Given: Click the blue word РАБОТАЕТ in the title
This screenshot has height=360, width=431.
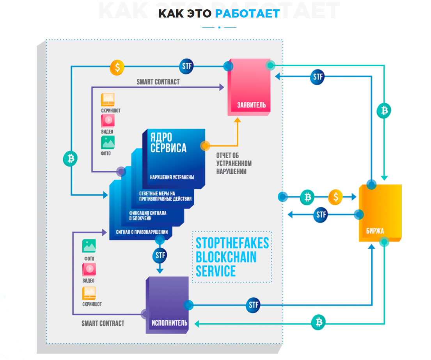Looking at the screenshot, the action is click(x=247, y=14).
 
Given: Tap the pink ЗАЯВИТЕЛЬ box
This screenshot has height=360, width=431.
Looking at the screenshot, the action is click(x=249, y=87).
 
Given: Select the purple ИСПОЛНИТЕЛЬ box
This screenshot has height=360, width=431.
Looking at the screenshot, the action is click(x=167, y=305).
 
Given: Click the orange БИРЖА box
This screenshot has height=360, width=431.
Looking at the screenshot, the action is click(x=380, y=213).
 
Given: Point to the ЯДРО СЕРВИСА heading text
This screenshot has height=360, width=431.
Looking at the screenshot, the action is click(x=168, y=143).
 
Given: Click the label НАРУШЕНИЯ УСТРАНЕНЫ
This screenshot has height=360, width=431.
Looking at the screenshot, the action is click(x=172, y=177).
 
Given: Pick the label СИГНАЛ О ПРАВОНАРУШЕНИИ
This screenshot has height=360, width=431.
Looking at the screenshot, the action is click(x=142, y=232).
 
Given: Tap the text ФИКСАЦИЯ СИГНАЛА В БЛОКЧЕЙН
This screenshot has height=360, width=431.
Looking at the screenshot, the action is click(x=147, y=215).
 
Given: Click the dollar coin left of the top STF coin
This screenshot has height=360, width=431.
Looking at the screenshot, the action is click(x=117, y=67).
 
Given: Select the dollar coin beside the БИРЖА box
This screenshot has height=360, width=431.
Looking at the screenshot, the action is click(x=335, y=197).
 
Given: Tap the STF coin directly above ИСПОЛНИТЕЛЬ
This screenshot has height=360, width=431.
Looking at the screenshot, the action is click(x=160, y=255).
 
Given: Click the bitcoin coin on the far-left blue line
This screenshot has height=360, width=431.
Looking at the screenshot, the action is click(x=70, y=159).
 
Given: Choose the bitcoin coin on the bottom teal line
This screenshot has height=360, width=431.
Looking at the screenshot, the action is click(x=318, y=322).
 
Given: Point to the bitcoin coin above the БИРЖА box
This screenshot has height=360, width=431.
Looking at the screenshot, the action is click(x=384, y=111).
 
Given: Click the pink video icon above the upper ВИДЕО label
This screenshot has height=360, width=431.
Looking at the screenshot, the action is click(x=108, y=120).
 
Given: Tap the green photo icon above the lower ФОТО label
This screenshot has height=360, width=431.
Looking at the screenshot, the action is click(x=89, y=246).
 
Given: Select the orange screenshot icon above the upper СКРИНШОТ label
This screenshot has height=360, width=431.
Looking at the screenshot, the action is click(x=108, y=99).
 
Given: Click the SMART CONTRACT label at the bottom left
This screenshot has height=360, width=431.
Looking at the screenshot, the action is click(x=103, y=323).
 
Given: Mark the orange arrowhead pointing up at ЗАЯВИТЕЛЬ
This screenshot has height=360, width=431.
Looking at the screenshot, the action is click(x=238, y=120).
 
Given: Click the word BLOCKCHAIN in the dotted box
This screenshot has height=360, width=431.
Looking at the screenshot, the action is click(x=226, y=257).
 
